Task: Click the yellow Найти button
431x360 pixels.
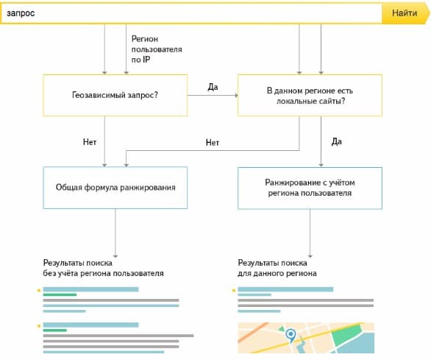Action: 405,13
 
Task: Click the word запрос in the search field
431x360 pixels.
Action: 21,13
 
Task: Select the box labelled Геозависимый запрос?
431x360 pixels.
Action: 115,95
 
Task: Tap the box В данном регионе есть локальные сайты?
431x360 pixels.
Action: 310,95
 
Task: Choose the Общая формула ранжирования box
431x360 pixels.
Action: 115,188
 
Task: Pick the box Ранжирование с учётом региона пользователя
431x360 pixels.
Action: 310,188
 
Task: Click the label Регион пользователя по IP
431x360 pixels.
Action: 157,49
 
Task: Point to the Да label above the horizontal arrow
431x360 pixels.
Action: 213,87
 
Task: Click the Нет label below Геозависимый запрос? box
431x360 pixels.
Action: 90,142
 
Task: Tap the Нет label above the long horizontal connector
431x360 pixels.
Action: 213,143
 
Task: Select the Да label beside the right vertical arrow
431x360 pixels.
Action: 337,142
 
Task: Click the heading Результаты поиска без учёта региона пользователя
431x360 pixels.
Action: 104,268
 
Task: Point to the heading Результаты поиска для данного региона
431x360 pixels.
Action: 277,268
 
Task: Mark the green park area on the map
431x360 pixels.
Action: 347,333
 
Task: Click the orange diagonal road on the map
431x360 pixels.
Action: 253,332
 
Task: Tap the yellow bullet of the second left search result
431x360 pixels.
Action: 39,326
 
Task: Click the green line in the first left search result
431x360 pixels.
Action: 60,294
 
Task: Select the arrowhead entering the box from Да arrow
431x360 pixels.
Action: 236,95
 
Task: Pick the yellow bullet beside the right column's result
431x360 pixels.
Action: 234,290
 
